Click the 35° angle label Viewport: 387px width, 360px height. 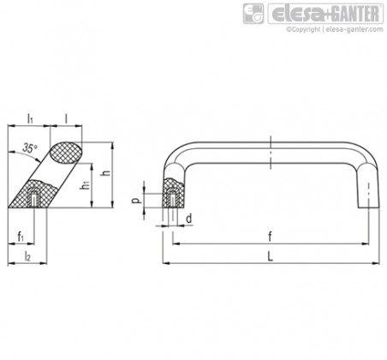(x=30, y=148)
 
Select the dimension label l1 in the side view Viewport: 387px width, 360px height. (x=30, y=118)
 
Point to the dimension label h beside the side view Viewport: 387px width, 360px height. (x=106, y=172)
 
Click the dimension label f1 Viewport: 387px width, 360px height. (x=21, y=237)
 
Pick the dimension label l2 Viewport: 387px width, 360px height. (x=27, y=255)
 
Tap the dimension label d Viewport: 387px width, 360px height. (x=188, y=219)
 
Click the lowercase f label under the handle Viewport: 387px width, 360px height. (x=270, y=237)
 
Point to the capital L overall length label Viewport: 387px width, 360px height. (x=270, y=256)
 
